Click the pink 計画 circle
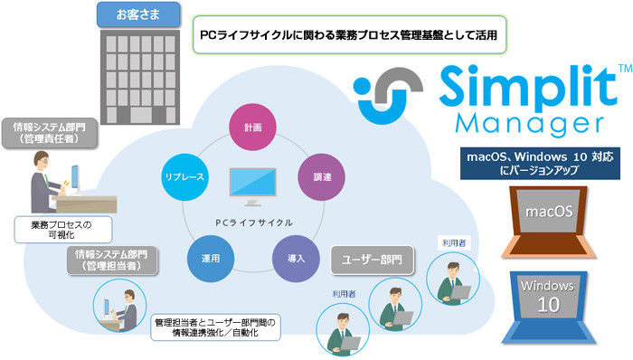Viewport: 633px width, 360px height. (x=252, y=128)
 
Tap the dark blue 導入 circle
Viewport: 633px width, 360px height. (x=295, y=259)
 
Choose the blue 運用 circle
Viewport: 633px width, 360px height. (x=210, y=259)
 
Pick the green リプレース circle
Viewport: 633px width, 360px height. (x=186, y=177)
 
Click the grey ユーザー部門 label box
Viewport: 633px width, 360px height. (x=373, y=260)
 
